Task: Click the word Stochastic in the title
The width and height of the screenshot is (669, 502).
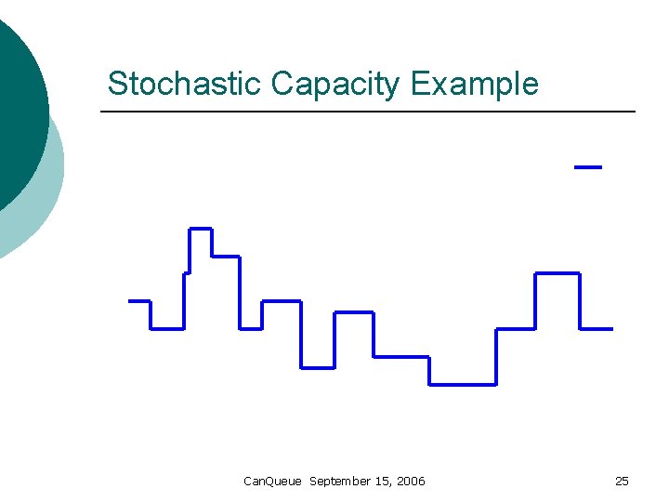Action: point(185,84)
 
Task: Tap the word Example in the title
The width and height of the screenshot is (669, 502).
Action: point(474,84)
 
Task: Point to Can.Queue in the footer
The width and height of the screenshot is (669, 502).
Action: point(272,481)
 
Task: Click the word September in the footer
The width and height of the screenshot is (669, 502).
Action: point(340,481)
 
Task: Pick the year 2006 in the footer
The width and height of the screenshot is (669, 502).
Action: point(410,481)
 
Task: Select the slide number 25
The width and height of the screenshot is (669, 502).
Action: point(622,481)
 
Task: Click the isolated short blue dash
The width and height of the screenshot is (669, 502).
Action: point(588,167)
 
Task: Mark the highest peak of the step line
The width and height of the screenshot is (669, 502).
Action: point(201,228)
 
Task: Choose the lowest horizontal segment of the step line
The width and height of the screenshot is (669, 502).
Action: point(462,384)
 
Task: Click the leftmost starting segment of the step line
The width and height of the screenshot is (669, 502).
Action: point(138,300)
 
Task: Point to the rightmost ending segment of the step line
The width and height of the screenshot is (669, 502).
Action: point(596,328)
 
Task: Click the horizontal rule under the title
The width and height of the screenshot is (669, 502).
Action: point(367,112)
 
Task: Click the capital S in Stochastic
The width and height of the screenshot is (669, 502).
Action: point(116,84)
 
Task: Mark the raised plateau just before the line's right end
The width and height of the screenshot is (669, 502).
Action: point(557,273)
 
